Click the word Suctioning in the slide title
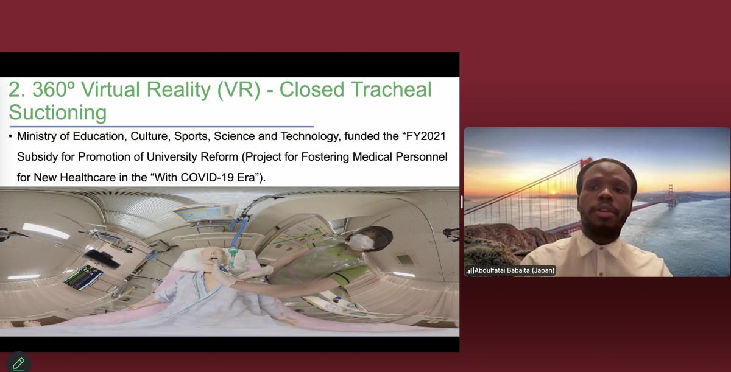pos(58,113)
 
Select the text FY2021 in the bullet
pos(426,136)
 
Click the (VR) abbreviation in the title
pos(239,89)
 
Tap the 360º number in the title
pos(54,89)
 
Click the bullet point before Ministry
pos(10,136)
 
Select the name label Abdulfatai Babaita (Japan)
pos(514,270)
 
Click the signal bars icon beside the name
pos(470,270)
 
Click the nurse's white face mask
pos(361,242)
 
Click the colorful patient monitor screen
pos(83,277)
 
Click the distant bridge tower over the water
pos(671,195)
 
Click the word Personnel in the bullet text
pos(422,157)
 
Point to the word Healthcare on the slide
pos(88,177)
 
